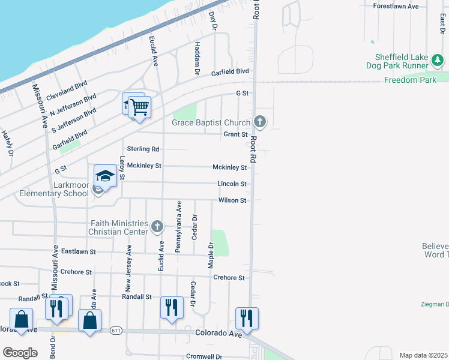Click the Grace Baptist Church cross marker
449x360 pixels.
click(x=260, y=122)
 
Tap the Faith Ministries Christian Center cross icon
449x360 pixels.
click(x=157, y=226)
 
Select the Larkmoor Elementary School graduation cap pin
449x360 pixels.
click(x=105, y=176)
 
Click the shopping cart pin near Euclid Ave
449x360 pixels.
click(x=139, y=107)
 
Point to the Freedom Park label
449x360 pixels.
click(x=410, y=80)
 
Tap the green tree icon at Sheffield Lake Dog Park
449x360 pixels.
click(x=438, y=60)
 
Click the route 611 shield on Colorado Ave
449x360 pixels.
click(x=116, y=330)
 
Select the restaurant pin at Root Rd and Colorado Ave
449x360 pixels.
click(x=247, y=318)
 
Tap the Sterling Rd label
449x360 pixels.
click(x=143, y=149)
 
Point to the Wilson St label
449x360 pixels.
click(x=232, y=200)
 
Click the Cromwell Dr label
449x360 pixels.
click(x=204, y=356)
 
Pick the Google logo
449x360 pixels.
click(x=20, y=353)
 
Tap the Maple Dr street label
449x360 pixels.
click(x=211, y=255)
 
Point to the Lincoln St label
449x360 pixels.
click(x=232, y=184)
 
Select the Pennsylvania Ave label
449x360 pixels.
click(x=178, y=218)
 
